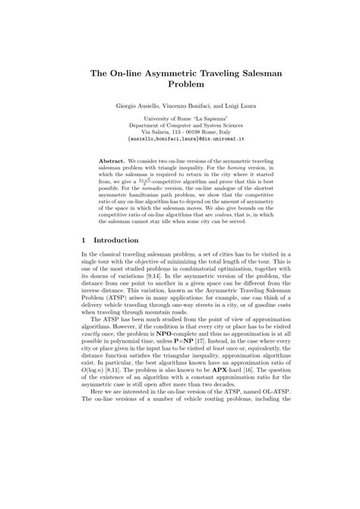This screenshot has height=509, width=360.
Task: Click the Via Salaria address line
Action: point(180,134)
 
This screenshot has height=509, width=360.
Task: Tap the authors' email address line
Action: point(180,141)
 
